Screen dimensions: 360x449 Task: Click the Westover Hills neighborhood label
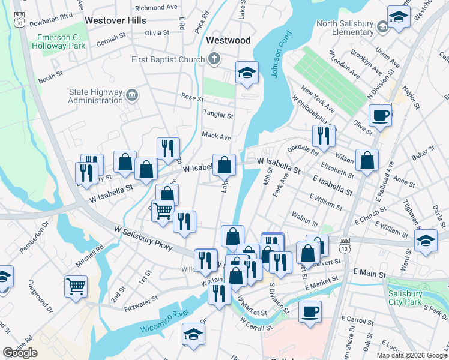click(115, 20)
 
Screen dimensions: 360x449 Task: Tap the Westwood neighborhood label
click(228, 41)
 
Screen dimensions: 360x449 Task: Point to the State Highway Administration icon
click(131, 94)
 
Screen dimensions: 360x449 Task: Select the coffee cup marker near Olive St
click(381, 115)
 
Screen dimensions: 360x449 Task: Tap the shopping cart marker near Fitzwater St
click(76, 286)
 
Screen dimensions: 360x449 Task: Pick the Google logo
click(20, 353)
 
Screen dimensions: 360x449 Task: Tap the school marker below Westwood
click(247, 73)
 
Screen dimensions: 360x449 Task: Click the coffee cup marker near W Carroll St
click(310, 312)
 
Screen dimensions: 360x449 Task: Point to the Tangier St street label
click(218, 115)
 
